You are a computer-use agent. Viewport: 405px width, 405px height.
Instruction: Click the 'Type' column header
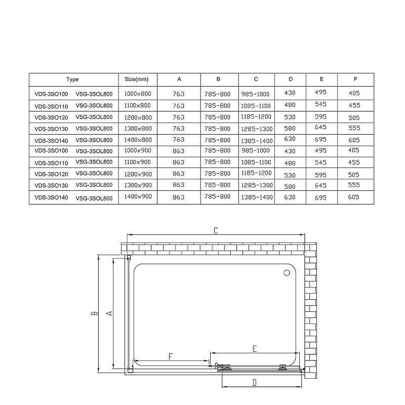click(x=72, y=79)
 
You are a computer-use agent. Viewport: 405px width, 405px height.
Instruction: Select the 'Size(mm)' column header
click(x=137, y=79)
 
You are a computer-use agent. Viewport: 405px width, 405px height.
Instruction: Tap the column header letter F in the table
click(x=355, y=79)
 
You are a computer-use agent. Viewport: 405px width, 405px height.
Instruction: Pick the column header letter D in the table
click(x=291, y=79)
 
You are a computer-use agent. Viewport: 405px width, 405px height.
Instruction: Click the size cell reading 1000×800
click(x=138, y=94)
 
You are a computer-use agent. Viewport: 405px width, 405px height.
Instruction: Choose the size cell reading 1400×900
click(x=138, y=197)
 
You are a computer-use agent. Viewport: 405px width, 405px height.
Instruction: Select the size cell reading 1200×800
click(x=138, y=117)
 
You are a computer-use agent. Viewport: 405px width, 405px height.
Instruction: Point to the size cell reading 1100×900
click(x=138, y=162)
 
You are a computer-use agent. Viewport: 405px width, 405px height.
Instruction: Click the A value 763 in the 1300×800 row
click(x=179, y=128)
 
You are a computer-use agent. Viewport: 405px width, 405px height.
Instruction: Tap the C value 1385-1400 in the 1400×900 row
click(x=257, y=197)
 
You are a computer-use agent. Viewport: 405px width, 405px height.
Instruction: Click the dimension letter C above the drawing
click(x=215, y=231)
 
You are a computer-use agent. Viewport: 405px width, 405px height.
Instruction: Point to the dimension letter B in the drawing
click(x=94, y=314)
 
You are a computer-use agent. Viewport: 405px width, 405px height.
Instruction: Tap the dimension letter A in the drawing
click(x=108, y=313)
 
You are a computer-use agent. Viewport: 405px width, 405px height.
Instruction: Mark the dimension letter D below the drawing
click(x=255, y=383)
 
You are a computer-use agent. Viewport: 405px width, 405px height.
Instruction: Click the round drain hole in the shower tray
click(x=287, y=273)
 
